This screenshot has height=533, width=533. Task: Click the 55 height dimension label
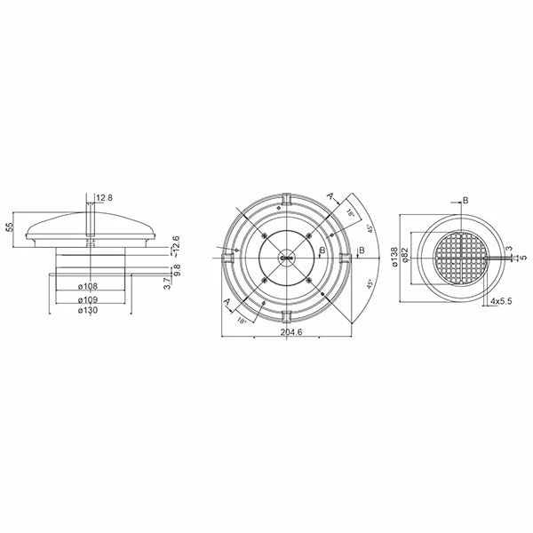click(10, 227)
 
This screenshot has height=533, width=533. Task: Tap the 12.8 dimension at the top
click(105, 196)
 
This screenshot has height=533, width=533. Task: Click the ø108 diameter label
click(87, 286)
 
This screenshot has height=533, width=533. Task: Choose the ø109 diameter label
click(87, 298)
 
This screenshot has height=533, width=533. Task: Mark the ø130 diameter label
click(87, 310)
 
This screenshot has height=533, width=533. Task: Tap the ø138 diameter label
click(394, 256)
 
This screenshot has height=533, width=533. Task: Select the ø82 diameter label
click(405, 256)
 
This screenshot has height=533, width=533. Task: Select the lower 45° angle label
click(370, 284)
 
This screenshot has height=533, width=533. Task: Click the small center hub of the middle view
click(285, 258)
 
